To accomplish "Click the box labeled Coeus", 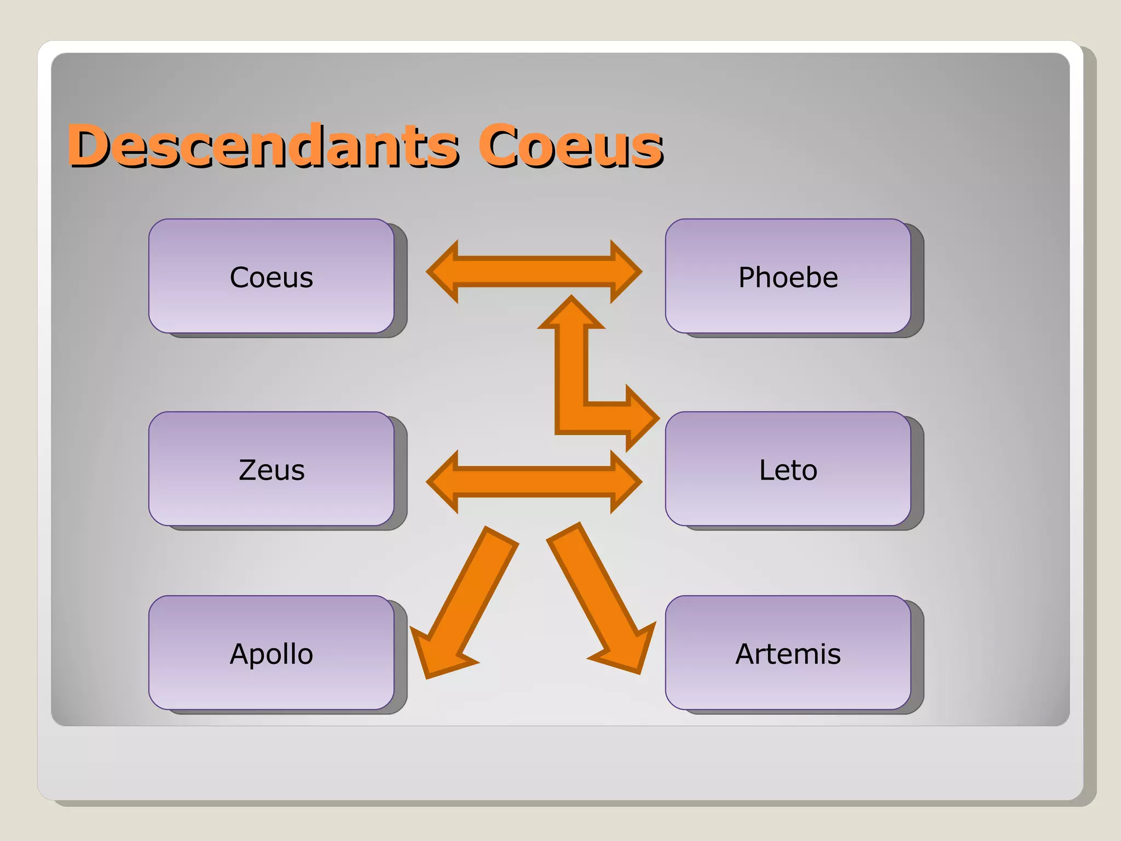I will pos(271,276).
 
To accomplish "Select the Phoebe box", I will pos(788,276).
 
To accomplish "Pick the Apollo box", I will pos(271,653).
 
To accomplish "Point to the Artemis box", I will pos(788,653).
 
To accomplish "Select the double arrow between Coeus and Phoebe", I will pos(534,272).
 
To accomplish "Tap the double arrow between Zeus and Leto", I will pos(534,482).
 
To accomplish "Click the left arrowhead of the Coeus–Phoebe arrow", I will pos(443,272).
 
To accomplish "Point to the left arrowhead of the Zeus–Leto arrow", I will pos(443,482).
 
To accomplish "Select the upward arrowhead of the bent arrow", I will pos(571,315).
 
